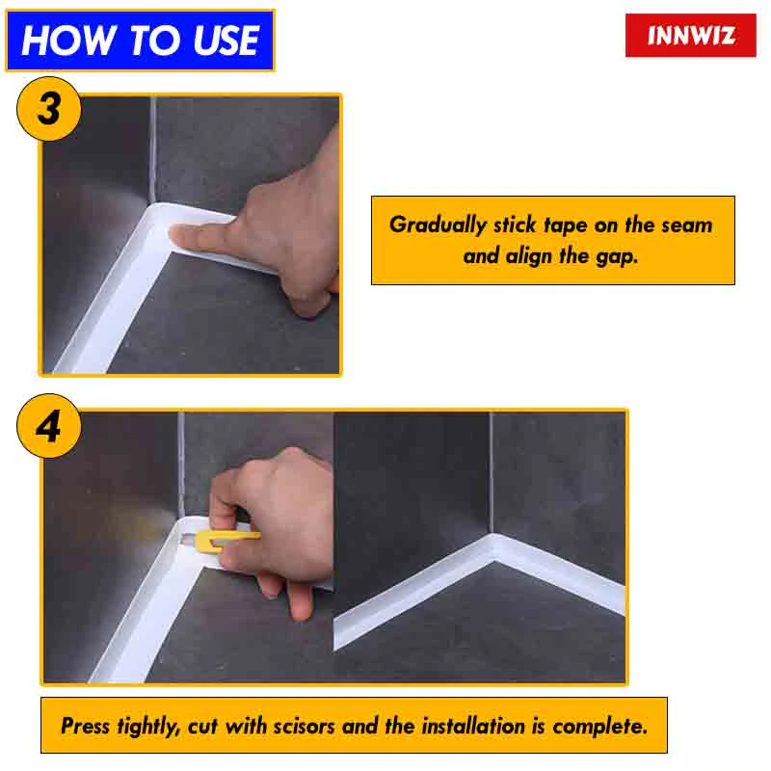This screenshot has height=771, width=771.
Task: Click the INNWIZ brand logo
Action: click(690, 36)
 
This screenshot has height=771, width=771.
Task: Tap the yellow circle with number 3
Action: click(48, 108)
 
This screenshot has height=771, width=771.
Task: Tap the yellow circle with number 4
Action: click(48, 425)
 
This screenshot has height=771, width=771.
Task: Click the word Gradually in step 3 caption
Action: click(438, 225)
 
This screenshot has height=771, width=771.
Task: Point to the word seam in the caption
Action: click(686, 225)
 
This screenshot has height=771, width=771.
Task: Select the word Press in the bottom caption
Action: click(85, 726)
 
